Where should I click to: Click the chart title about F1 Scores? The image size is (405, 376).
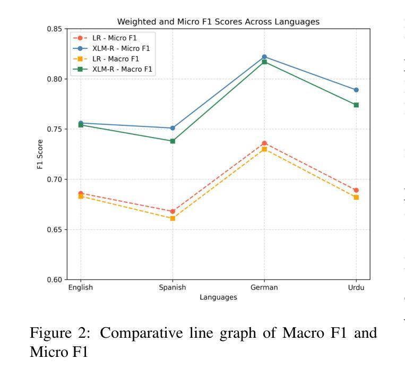218,22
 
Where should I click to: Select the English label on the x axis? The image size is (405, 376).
81,288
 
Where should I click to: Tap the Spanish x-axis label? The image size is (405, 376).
173,288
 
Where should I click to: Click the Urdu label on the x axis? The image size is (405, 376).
356,288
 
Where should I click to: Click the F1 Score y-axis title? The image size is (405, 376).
40,154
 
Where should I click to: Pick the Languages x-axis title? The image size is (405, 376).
218,297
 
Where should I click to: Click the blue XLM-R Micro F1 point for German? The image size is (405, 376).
264,57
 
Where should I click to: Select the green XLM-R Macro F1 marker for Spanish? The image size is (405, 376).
173,141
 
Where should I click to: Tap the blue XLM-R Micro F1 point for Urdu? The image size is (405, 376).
356,90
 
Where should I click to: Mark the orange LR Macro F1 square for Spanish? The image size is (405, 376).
173,218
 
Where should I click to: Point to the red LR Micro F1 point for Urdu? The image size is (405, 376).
356,190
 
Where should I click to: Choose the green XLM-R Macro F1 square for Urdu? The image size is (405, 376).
356,105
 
